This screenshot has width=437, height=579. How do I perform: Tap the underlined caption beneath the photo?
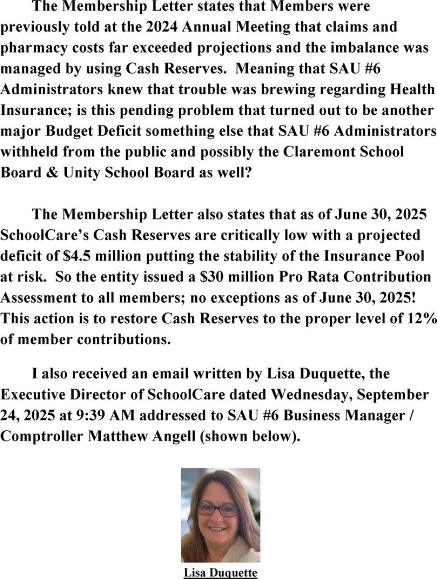click(220, 573)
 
